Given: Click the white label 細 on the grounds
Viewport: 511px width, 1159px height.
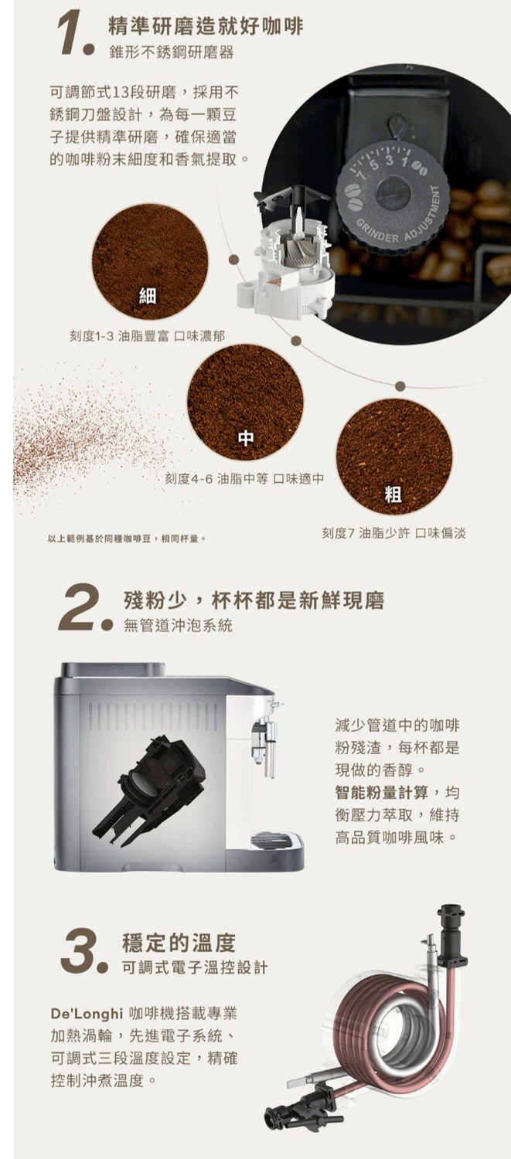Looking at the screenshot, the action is point(148,297).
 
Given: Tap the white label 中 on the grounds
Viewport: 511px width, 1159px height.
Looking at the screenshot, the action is point(245,438).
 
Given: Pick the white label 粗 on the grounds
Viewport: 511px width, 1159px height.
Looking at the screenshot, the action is point(393,495).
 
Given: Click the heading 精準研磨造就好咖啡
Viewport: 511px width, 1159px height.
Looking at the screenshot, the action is point(206,27).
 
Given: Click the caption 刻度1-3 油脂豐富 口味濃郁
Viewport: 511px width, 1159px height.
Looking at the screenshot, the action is point(148,336).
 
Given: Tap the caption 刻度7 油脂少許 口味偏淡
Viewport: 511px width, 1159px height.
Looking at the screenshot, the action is point(393,533).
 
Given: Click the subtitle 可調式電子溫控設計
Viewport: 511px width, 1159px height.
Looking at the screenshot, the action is point(195,967).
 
